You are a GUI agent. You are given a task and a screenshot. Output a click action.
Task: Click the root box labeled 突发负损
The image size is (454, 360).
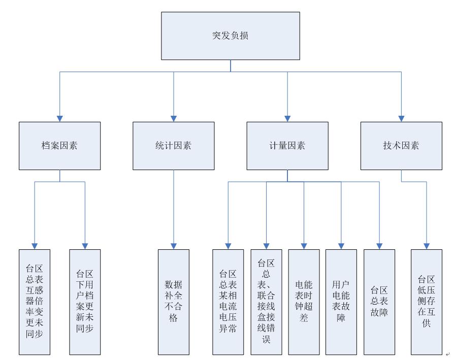click(x=230, y=36)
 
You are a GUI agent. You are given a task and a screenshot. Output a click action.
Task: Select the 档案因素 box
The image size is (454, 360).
click(x=59, y=146)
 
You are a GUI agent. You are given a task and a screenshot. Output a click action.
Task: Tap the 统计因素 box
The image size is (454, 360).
click(x=173, y=146)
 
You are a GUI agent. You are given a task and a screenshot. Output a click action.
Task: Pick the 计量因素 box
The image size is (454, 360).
click(x=287, y=146)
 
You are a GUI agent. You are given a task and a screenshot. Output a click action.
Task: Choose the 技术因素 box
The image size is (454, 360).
click(x=401, y=146)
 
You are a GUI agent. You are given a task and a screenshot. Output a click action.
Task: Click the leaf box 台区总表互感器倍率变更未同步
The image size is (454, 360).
click(x=35, y=302)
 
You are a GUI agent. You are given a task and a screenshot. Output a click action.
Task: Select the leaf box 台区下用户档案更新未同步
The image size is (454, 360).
click(x=85, y=302)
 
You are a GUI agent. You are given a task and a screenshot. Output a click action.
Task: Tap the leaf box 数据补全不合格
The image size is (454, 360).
click(x=173, y=302)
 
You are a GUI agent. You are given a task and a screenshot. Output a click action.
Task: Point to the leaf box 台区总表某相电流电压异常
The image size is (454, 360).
click(x=228, y=302)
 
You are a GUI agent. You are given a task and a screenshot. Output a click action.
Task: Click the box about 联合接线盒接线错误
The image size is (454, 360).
click(x=266, y=302)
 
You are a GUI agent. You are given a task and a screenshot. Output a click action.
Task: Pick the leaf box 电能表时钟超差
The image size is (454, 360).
click(x=304, y=302)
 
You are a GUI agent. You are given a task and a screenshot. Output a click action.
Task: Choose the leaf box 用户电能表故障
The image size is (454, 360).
click(x=341, y=302)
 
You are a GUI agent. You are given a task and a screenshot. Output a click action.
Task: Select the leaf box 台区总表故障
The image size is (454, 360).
click(x=379, y=302)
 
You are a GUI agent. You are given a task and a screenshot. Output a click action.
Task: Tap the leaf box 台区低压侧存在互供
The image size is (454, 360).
click(x=426, y=302)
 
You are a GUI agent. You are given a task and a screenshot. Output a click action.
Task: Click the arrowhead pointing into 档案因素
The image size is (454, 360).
click(x=59, y=118)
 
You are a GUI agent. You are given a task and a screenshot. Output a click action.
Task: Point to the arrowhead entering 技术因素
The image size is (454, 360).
click(x=401, y=118)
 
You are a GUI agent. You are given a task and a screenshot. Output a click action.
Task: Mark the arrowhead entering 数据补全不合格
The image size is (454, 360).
click(x=173, y=246)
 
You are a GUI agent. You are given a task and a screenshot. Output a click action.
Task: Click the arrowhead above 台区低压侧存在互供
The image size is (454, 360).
click(x=426, y=246)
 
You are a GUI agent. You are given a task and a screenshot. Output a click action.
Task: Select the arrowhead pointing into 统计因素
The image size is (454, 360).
click(x=173, y=118)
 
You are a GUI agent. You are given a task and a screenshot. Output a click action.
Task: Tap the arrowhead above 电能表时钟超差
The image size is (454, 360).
click(x=304, y=246)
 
